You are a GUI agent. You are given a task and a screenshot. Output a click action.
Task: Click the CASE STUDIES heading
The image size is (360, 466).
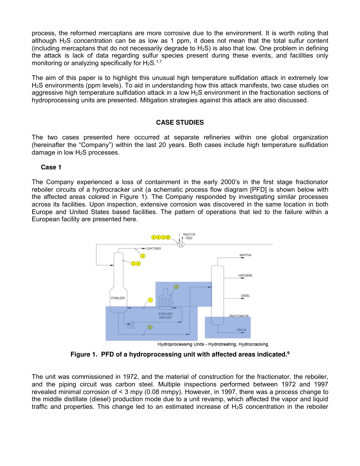pyautogui.click(x=180, y=122)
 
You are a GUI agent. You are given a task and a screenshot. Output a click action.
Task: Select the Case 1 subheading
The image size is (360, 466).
pyautogui.click(x=51, y=167)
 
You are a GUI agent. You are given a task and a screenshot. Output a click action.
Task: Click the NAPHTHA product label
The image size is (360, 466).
pyautogui.click(x=246, y=255)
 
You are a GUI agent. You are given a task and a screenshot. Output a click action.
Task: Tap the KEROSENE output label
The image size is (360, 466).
pyautogui.click(x=245, y=275)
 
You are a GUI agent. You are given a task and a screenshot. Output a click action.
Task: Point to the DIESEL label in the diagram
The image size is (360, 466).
pyautogui.click(x=245, y=296)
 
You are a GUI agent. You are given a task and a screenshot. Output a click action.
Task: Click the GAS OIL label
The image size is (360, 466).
pyautogui.click(x=242, y=330)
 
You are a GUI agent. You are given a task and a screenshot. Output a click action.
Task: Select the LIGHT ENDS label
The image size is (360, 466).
pyautogui.click(x=153, y=249)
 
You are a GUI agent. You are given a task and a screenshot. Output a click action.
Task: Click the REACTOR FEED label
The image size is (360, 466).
pyautogui.click(x=189, y=236)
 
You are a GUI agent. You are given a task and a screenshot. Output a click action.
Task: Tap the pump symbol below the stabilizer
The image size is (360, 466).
pyautogui.click(x=131, y=324)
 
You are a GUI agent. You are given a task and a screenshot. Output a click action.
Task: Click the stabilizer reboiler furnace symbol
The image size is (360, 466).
pyautogui.click(x=165, y=301)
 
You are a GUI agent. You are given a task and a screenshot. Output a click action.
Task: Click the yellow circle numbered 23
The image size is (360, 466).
pyautogui.click(x=168, y=238)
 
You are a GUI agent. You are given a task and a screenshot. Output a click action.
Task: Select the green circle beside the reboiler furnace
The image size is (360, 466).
pyautogui.click(x=176, y=287)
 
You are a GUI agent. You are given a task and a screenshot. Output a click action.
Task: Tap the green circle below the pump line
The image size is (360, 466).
pyautogui.click(x=150, y=327)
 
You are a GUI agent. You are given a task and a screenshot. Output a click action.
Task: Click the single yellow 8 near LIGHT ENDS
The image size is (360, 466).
pyautogui.click(x=143, y=256)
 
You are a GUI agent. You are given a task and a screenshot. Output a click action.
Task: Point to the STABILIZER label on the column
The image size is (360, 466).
pyautogui.click(x=118, y=298)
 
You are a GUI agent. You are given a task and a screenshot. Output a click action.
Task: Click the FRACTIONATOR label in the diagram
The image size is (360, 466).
pyautogui.click(x=238, y=316)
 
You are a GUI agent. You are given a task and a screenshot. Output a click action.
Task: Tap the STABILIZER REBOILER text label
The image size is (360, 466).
pyautogui.click(x=165, y=316)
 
